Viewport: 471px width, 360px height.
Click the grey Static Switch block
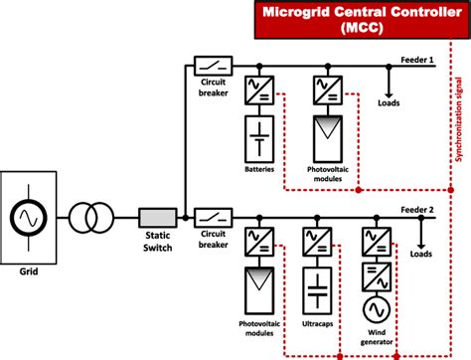[x=156, y=214]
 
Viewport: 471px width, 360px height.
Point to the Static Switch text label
[x=156, y=239]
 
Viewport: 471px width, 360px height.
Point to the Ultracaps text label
[x=315, y=324]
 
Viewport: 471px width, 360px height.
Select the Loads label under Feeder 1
[x=390, y=101]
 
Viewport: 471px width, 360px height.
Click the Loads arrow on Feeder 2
[x=427, y=236]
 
